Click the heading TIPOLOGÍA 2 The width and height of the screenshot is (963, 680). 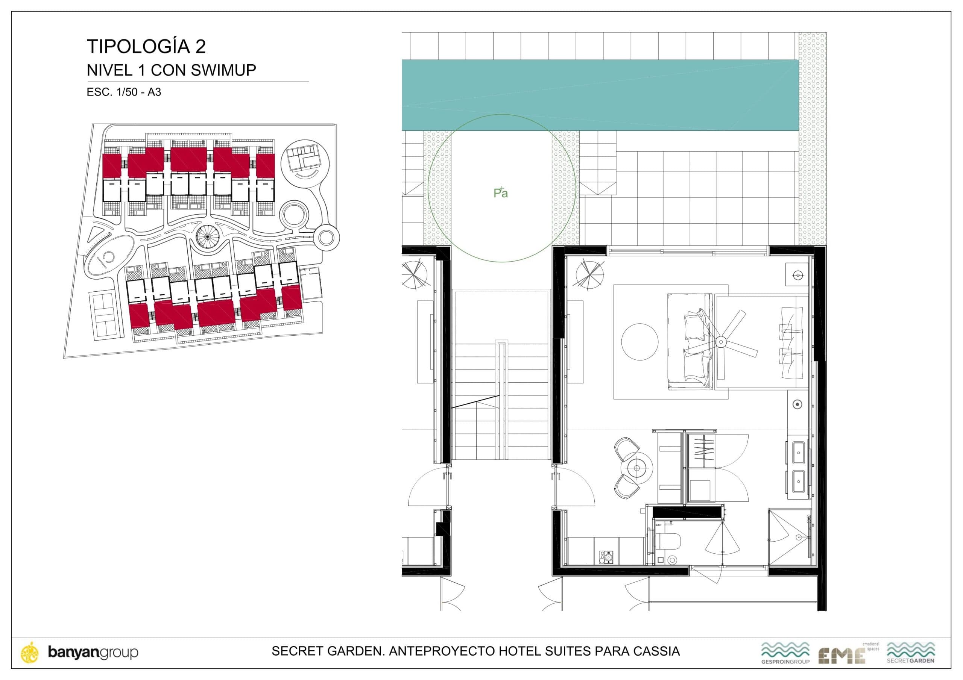tap(146, 47)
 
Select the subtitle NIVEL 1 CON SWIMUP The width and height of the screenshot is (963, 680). tap(171, 70)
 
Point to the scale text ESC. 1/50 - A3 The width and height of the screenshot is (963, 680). tap(124, 92)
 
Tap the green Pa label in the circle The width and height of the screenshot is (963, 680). tap(500, 193)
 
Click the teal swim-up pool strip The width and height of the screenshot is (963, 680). tap(600, 95)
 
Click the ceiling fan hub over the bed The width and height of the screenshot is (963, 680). tap(721, 342)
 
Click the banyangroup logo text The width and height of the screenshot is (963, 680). tap(93, 652)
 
